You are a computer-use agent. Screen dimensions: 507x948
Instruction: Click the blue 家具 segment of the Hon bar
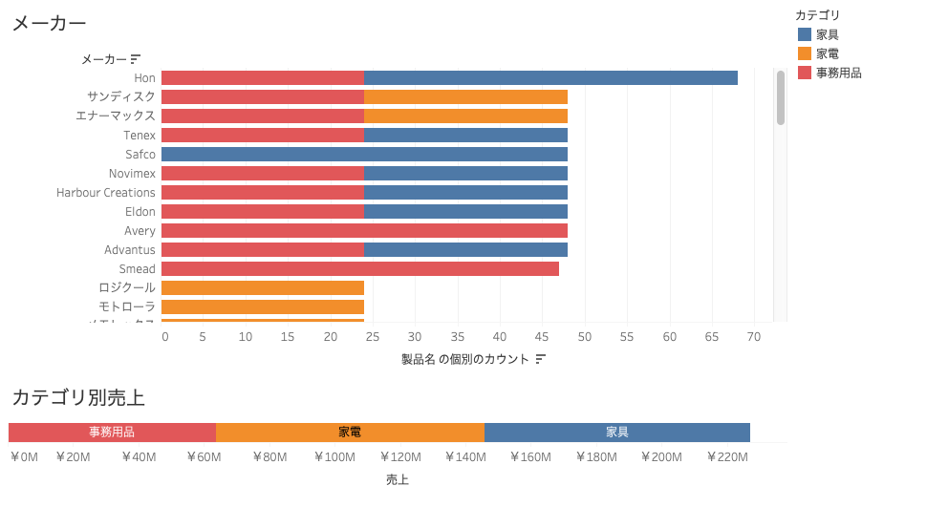point(550,78)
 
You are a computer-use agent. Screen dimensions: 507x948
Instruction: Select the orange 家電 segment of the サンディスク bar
point(465,97)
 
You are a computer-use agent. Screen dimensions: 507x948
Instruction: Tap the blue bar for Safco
point(364,155)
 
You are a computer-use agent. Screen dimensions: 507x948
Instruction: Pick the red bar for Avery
point(364,231)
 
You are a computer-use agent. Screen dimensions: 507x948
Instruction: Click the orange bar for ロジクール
point(263,288)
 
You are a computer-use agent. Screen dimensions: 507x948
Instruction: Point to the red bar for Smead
point(359,269)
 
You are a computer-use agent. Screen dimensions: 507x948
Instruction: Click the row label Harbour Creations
point(105,193)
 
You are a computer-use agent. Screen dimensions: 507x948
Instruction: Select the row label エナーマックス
point(116,116)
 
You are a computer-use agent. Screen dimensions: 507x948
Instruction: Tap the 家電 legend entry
point(828,53)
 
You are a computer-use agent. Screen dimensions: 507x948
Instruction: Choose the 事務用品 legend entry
point(838,73)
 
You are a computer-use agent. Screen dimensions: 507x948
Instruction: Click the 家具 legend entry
point(828,34)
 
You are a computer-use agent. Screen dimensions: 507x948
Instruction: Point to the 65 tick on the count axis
point(712,336)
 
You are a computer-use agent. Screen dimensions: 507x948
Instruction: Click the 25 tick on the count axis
point(373,336)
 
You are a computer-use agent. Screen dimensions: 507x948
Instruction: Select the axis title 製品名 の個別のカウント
point(465,359)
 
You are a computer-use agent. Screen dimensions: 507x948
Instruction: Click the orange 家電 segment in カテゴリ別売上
point(350,433)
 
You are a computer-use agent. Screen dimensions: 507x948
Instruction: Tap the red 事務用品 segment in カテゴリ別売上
point(112,433)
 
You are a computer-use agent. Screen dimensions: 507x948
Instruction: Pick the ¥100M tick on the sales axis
point(334,457)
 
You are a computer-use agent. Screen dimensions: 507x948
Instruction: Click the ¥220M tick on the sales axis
point(727,457)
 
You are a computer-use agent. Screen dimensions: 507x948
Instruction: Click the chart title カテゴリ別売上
point(77,398)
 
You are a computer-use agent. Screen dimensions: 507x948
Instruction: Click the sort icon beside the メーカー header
point(136,59)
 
